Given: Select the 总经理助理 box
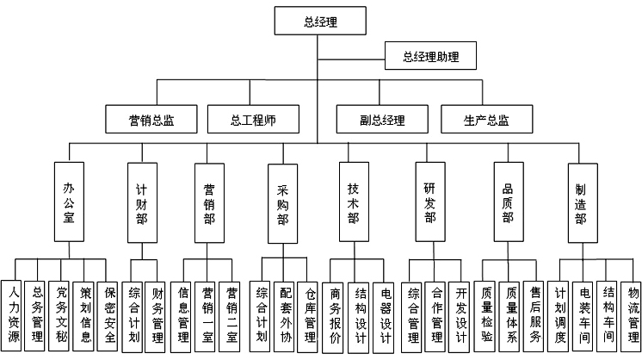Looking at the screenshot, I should [430, 59].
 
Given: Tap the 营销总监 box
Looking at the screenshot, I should [151, 120].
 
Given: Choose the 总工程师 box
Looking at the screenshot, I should [253, 120].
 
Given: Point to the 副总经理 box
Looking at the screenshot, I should [382, 120].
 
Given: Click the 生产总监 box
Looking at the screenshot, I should [486, 120].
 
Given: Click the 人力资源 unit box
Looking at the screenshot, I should [11, 314].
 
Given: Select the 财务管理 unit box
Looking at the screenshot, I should [157, 314].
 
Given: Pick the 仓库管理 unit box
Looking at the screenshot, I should [310, 315].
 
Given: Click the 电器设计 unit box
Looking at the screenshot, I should [385, 315].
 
